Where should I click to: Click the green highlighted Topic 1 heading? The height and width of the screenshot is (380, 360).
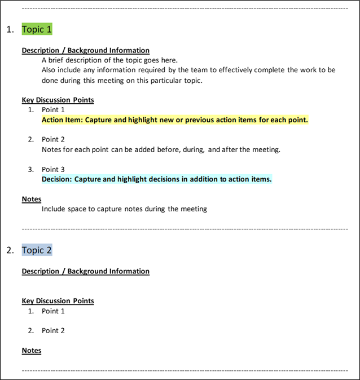coord(37,29)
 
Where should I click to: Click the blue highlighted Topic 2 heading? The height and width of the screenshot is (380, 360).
coord(37,250)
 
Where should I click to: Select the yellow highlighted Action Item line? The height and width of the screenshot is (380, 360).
coord(175,120)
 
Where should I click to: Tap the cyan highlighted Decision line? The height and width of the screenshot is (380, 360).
coord(156,179)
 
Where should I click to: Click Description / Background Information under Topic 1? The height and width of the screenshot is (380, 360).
coord(85,50)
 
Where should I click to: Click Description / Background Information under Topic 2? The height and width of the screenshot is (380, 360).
coord(85,271)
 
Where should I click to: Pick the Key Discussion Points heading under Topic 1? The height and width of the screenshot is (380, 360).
coord(58,100)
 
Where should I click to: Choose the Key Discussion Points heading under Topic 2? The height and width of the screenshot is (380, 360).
coord(58,301)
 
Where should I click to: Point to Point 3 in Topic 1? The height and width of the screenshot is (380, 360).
coord(53,169)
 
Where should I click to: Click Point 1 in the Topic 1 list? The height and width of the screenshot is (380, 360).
coord(53,110)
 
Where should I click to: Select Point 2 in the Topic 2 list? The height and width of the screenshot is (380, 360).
coord(53,330)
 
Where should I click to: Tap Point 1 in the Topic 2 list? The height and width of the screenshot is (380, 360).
coord(53,311)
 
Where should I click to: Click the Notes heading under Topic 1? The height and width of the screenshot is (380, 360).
coord(32,198)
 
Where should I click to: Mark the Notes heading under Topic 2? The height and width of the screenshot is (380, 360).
coord(32,350)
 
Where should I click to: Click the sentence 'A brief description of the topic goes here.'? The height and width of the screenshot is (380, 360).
coord(109,60)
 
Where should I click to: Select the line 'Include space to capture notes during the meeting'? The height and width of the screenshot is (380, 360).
coord(124,209)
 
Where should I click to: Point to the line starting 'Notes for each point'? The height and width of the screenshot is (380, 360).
coord(161,149)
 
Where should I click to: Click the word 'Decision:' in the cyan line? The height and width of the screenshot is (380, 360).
coord(57,179)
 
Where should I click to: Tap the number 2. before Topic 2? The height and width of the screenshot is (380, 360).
coord(10,250)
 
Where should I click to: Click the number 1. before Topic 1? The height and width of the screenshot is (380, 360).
coord(10,30)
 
